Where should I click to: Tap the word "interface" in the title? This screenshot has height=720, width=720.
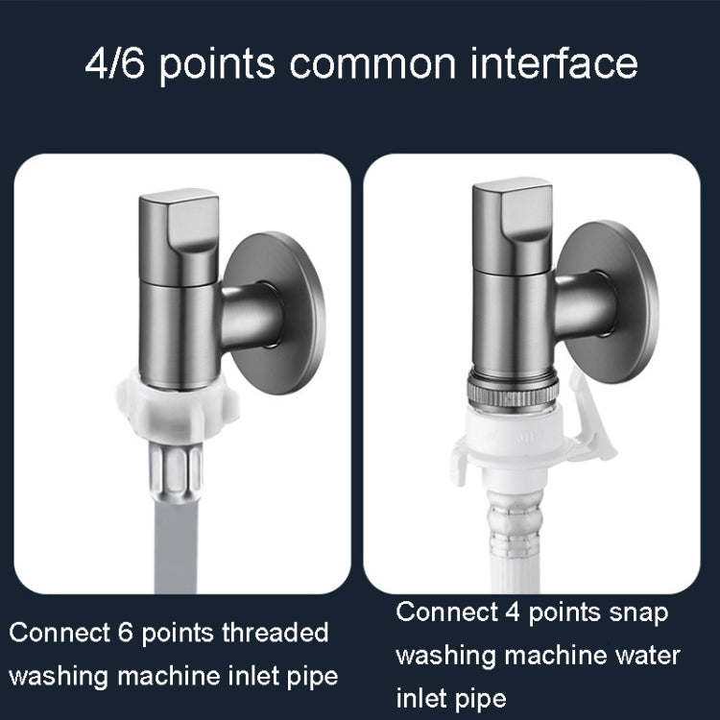555,63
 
